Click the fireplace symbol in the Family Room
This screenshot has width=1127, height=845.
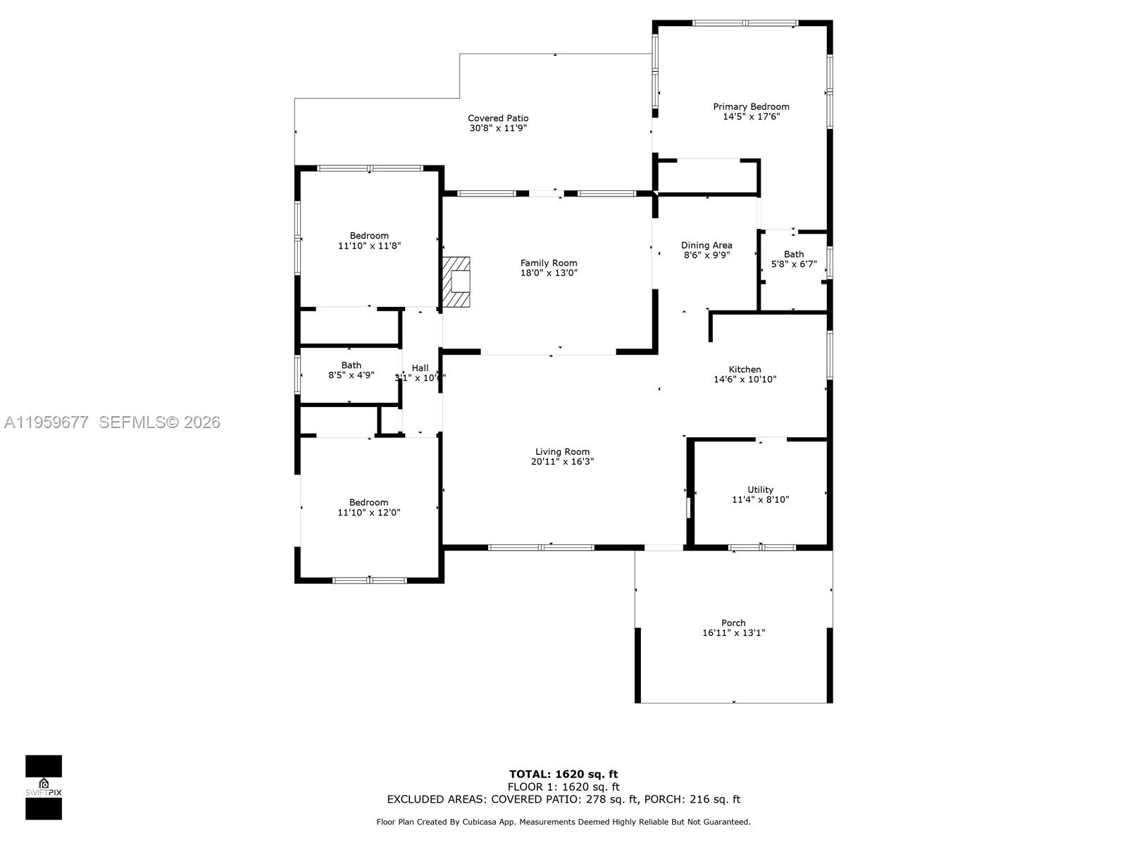pyautogui.click(x=456, y=282)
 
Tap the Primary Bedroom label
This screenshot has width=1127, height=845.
pyautogui.click(x=751, y=107)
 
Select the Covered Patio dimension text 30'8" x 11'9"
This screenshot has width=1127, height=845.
pyautogui.click(x=498, y=128)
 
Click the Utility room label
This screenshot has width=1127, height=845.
pyautogui.click(x=760, y=489)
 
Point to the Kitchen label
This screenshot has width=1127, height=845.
pyautogui.click(x=745, y=369)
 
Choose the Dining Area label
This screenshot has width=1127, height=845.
pyautogui.click(x=706, y=245)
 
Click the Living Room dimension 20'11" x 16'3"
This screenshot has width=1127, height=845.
pyautogui.click(x=562, y=462)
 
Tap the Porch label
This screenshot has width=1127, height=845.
pyautogui.click(x=733, y=622)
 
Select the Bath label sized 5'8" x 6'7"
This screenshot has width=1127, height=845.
pyautogui.click(x=794, y=254)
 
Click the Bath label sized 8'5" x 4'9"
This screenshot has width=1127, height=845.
pyautogui.click(x=351, y=365)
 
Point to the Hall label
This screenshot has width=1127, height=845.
pyautogui.click(x=420, y=368)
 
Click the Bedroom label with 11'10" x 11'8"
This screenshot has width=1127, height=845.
pyautogui.click(x=369, y=235)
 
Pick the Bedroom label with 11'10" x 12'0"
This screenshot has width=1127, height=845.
pyautogui.click(x=368, y=502)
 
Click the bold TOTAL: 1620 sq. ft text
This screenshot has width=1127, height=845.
pyautogui.click(x=563, y=774)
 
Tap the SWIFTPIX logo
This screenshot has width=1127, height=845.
pyautogui.click(x=44, y=787)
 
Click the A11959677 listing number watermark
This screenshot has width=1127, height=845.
pyautogui.click(x=46, y=422)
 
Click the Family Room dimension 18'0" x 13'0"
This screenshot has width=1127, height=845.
pyautogui.click(x=549, y=273)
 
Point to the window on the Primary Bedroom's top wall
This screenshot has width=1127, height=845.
pyautogui.click(x=745, y=23)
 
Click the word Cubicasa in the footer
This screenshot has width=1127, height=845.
pyautogui.click(x=481, y=822)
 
